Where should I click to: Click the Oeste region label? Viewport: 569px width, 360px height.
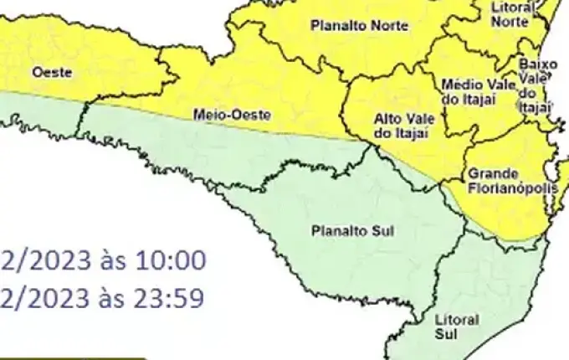click(x=52, y=73)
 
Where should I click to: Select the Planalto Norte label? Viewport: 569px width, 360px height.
click(x=359, y=26)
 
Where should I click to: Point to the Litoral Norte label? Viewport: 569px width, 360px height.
click(x=510, y=14)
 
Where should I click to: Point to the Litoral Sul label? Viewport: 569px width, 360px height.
click(x=457, y=327)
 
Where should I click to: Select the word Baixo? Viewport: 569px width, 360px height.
click(x=533, y=64)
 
